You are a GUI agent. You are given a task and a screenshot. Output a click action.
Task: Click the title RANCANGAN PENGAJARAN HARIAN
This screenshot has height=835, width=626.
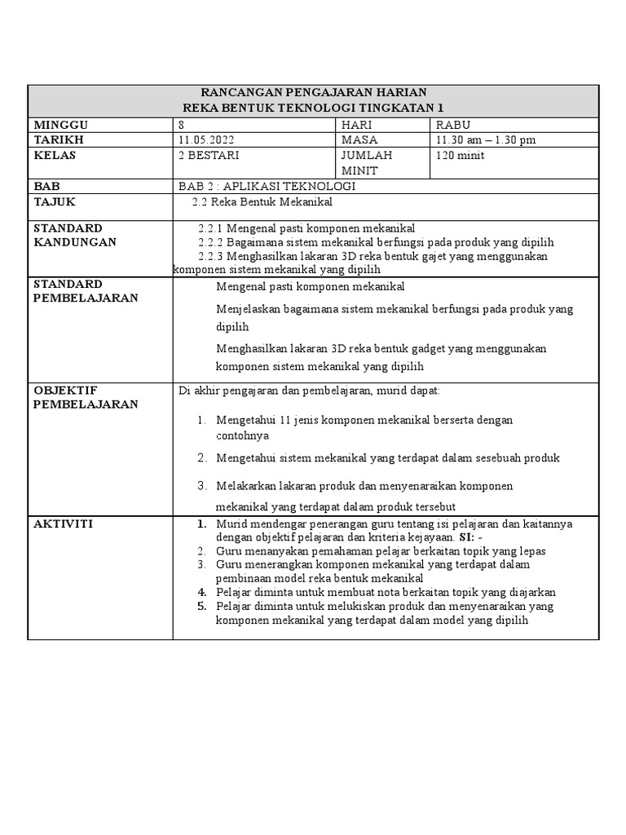click(314, 93)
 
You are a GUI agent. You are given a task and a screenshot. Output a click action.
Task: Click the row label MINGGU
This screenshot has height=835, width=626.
click(60, 125)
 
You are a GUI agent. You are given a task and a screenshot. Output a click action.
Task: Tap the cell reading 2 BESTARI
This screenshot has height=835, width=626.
click(209, 155)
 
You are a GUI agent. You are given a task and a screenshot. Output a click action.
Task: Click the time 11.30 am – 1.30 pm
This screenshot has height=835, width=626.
click(486, 139)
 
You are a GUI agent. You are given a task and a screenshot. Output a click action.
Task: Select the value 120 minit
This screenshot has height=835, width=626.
click(461, 155)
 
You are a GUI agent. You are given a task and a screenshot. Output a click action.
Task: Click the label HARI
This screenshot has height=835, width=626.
click(356, 125)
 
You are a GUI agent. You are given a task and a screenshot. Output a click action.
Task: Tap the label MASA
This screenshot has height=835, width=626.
click(359, 139)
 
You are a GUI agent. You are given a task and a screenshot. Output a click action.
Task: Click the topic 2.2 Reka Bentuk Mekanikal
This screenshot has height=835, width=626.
click(262, 201)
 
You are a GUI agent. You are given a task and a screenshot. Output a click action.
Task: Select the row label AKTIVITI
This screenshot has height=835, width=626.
click(63, 524)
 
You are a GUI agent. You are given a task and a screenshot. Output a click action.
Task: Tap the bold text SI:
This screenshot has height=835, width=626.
click(469, 537)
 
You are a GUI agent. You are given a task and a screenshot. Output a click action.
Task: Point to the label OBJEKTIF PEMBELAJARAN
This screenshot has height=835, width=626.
click(85, 397)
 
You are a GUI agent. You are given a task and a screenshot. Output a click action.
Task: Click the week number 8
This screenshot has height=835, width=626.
click(181, 125)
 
